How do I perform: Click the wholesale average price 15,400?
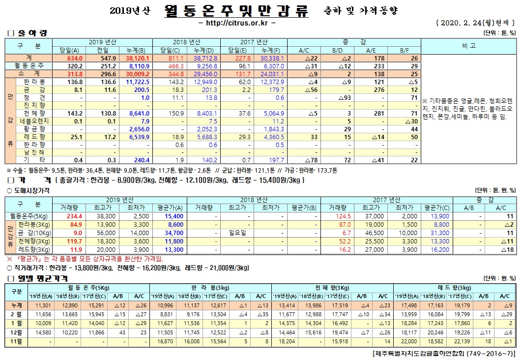pyautogui.click(x=160, y=216)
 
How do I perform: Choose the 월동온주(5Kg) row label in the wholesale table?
pyautogui.click(x=29, y=216)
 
